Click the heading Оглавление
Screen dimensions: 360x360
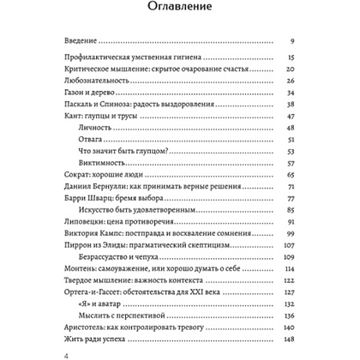(180, 11)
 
